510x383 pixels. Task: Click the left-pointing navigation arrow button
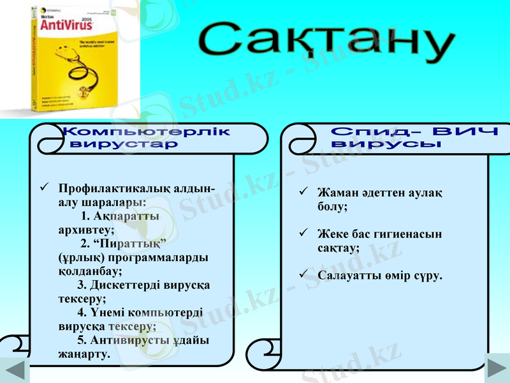tap(14, 370)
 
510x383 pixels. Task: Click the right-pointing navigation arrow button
tap(497, 370)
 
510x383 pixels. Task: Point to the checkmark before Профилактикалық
tap(45, 188)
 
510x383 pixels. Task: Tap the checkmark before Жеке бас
tap(304, 234)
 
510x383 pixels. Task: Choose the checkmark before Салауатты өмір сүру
tap(304, 275)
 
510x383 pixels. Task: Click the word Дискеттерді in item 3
tap(127, 285)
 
